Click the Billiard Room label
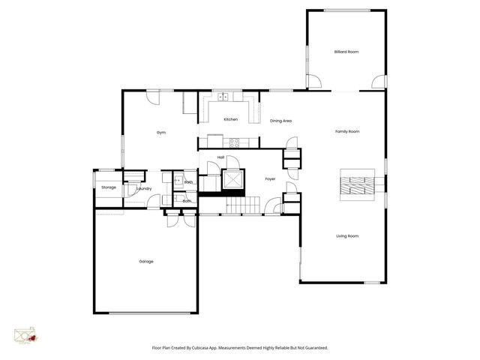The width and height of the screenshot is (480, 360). click(x=346, y=52)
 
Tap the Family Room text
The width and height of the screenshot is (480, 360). click(x=347, y=131)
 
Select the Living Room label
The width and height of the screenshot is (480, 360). click(x=347, y=236)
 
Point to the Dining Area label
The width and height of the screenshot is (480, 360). click(x=280, y=121)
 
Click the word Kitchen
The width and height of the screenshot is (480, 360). click(x=231, y=119)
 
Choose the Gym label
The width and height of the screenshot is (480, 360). click(x=160, y=132)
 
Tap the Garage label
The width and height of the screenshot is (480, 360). click(x=145, y=262)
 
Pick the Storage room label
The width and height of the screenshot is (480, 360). click(x=109, y=187)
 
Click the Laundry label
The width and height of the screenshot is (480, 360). click(x=145, y=189)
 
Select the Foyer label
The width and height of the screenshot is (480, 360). click(x=271, y=178)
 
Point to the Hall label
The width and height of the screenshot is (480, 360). click(x=221, y=157)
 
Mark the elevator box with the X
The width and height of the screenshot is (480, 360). click(x=233, y=181)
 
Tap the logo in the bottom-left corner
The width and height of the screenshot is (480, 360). click(x=25, y=335)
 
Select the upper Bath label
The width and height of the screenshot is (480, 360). click(x=188, y=182)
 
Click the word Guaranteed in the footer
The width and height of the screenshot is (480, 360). click(x=314, y=347)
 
